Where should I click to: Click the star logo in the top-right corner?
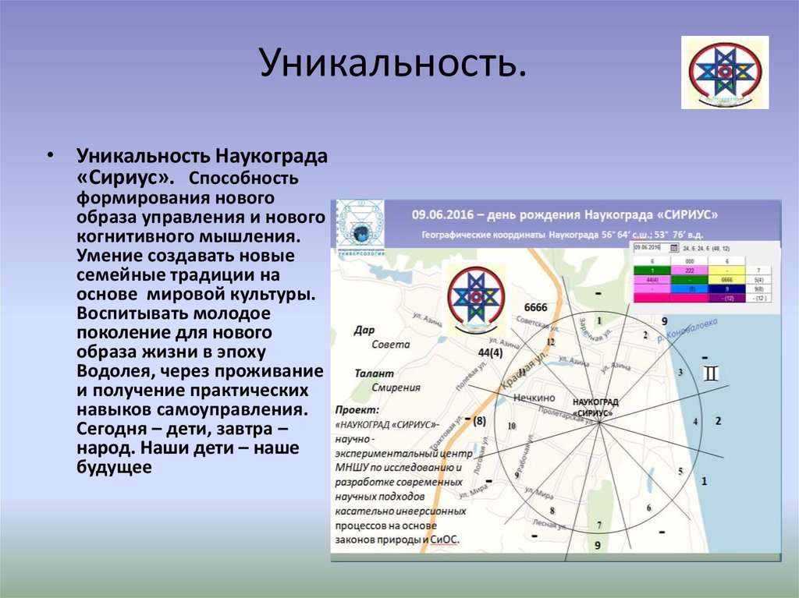(725, 72)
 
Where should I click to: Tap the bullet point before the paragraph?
(51, 154)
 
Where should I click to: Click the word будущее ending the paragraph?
(113, 467)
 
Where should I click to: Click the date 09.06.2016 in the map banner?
(442, 214)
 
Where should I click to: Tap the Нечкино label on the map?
(534, 398)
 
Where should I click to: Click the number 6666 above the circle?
(536, 307)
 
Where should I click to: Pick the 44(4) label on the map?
(488, 352)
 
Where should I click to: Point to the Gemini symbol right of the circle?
(712, 374)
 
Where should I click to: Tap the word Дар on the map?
(364, 330)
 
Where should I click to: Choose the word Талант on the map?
(373, 373)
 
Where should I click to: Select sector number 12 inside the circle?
(550, 341)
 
